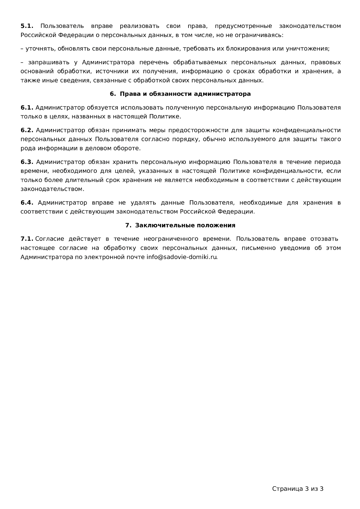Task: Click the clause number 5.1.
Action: [x=27, y=26]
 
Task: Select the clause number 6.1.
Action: [x=27, y=108]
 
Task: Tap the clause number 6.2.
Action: [x=27, y=130]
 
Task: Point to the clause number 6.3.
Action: [x=27, y=162]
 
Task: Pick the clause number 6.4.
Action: [x=27, y=203]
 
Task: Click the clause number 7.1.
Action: [x=27, y=239]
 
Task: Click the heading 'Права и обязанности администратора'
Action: [x=185, y=94]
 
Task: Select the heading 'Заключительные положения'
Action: [x=185, y=225]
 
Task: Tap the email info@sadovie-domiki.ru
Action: [x=182, y=257]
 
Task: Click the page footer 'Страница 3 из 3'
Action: [x=298, y=489]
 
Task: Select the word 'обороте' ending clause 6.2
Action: [x=128, y=148]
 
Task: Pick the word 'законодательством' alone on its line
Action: [x=52, y=189]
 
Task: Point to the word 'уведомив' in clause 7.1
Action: [x=295, y=248]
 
